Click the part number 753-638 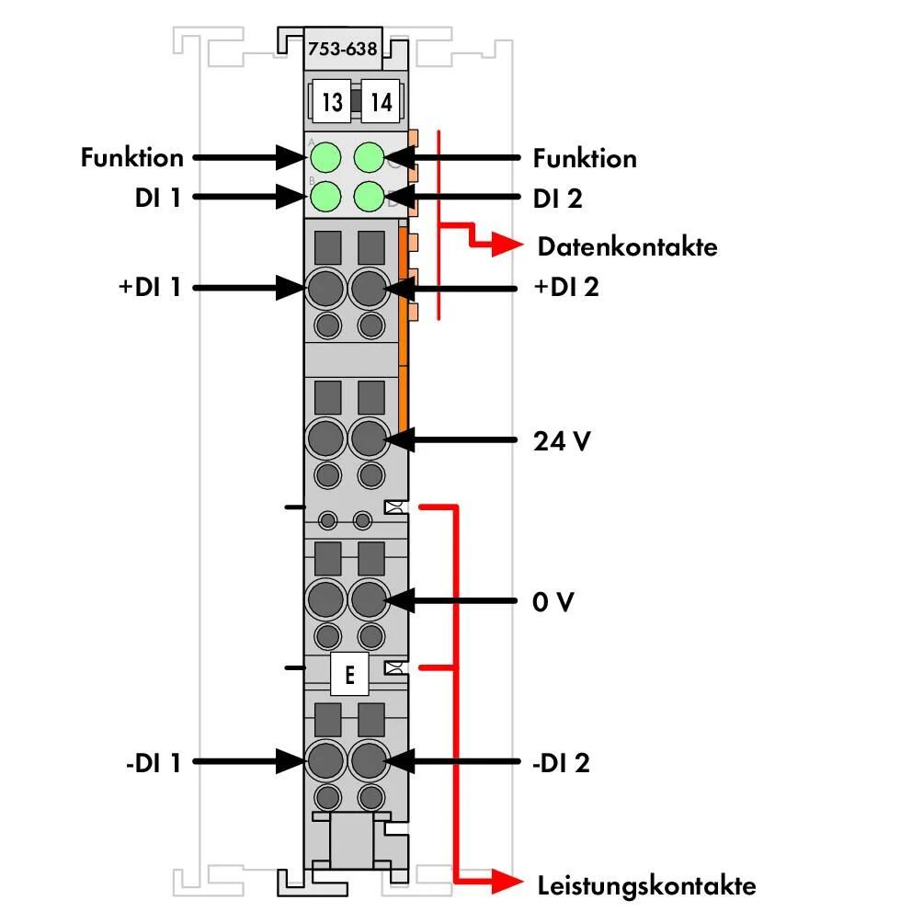click(342, 49)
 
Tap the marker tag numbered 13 click(331, 101)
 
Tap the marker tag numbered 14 click(381, 101)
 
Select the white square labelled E click(349, 674)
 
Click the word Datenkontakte click(628, 246)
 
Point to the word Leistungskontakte click(647, 885)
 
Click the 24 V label click(562, 441)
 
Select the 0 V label click(553, 601)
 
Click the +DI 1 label click(150, 287)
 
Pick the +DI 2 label click(566, 287)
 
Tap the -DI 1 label click(153, 763)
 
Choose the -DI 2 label click(561, 763)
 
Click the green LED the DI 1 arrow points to click(325, 196)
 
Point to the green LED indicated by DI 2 click(369, 196)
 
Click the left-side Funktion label click(132, 158)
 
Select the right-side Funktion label click(585, 158)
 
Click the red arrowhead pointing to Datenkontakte click(507, 245)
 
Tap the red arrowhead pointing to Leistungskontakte click(507, 882)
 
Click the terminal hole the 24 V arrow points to click(369, 439)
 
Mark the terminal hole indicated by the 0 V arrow click(369, 599)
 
